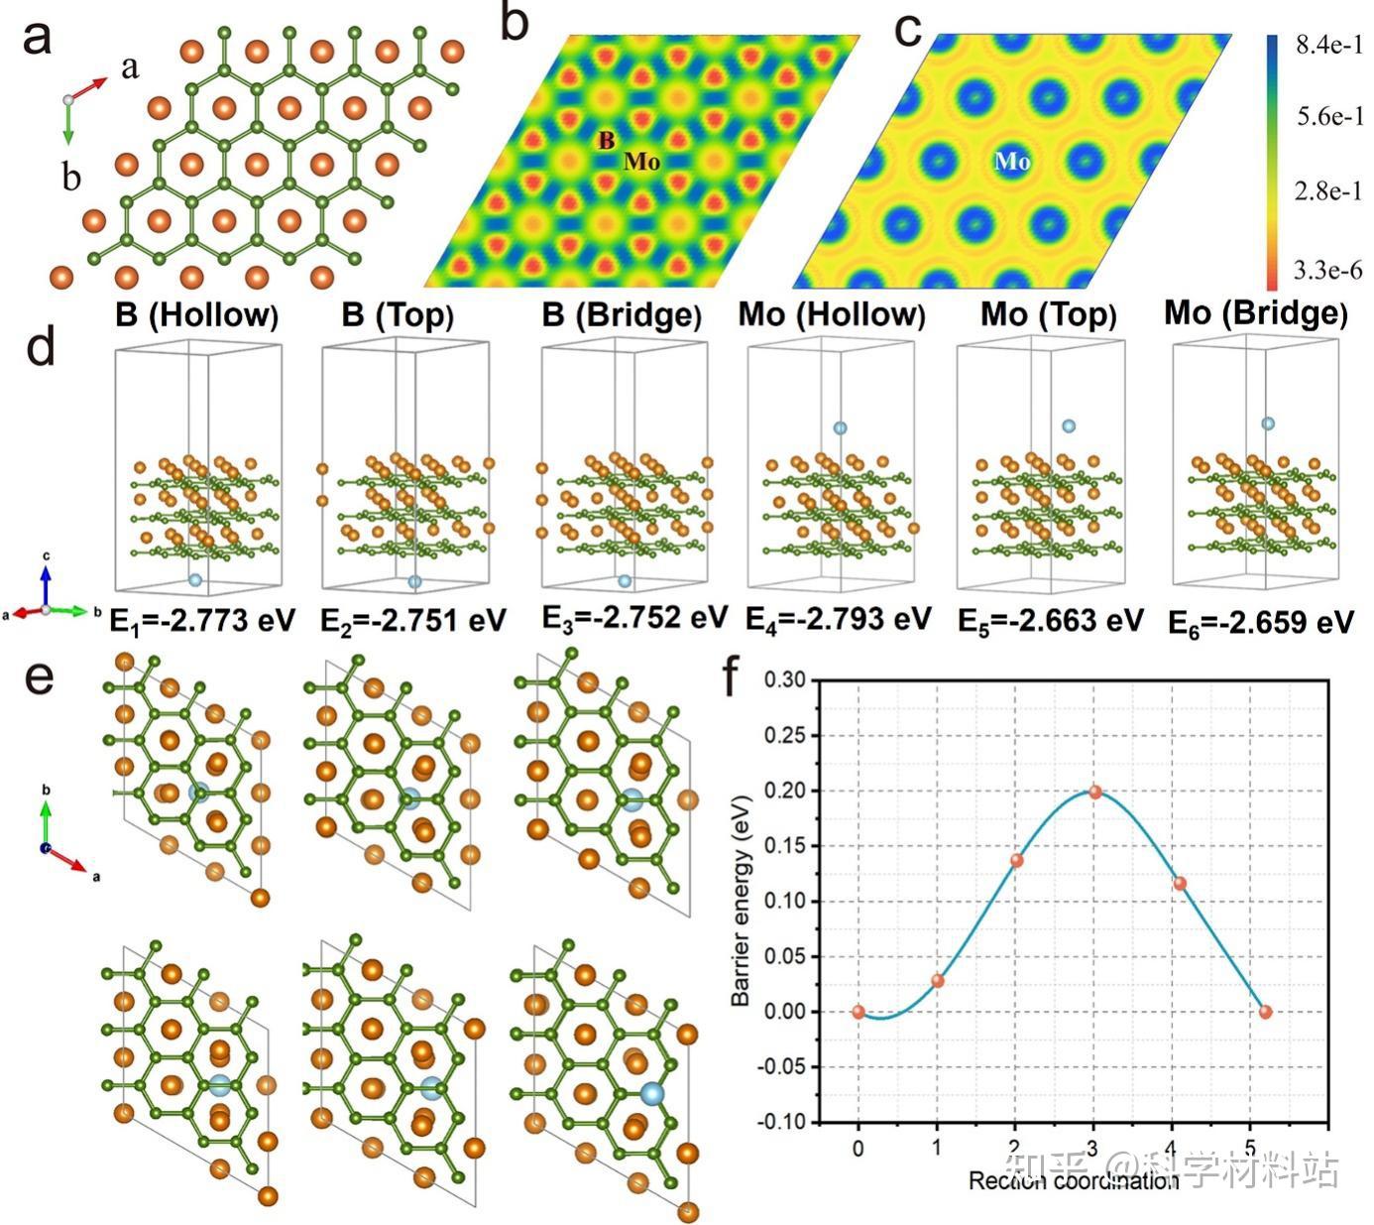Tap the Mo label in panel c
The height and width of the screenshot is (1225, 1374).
click(x=1011, y=162)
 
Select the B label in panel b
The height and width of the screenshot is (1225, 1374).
click(x=605, y=141)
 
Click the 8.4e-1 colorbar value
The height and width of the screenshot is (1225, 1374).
click(x=1329, y=46)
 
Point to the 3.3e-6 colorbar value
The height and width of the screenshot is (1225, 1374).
click(x=1329, y=269)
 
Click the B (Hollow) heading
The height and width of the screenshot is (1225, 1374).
click(x=197, y=315)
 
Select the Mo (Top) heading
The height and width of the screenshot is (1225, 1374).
click(x=1049, y=315)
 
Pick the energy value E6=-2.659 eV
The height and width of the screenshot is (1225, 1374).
click(x=1260, y=623)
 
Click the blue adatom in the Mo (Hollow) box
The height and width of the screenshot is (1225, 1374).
click(x=840, y=428)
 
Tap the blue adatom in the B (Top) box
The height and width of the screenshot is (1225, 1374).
click(x=414, y=581)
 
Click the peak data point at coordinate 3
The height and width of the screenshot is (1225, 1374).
click(x=1094, y=792)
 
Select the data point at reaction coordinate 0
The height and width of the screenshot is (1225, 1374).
click(x=859, y=1012)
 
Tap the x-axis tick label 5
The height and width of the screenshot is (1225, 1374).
click(x=1250, y=1149)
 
